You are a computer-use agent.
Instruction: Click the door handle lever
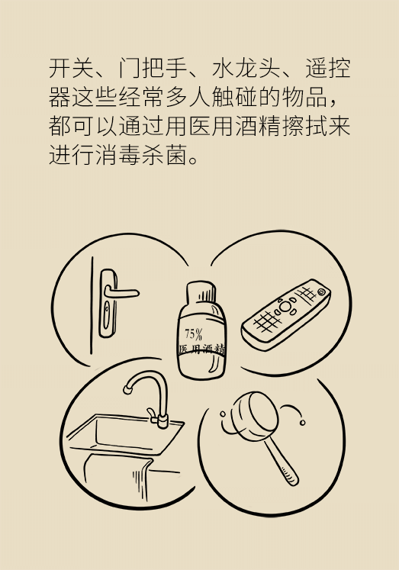pos(121,292)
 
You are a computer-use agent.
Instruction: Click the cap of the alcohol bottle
pos(201,291)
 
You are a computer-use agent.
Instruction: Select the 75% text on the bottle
pos(193,333)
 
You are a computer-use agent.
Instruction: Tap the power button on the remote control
pos(321,291)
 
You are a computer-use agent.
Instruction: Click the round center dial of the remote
pos(286,307)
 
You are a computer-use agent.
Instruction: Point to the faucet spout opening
pos(127,390)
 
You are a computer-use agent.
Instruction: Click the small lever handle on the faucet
pos(152,412)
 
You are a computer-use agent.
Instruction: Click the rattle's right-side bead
pos(302,423)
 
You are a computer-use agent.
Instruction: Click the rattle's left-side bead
pos(223,414)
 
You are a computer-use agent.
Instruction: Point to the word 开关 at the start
pos(72,68)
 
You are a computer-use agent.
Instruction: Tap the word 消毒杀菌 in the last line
pos(142,155)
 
